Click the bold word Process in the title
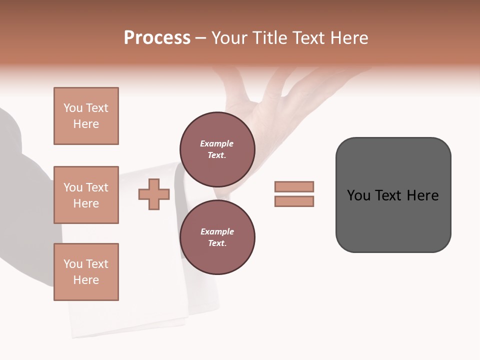click(157, 38)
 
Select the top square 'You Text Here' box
click(86, 116)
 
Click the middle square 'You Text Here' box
click(86, 195)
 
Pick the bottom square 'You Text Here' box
click(86, 272)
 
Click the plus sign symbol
click(154, 194)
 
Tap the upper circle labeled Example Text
click(217, 149)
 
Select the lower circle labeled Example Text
click(217, 237)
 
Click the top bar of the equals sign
click(294, 187)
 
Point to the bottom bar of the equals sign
click(294, 201)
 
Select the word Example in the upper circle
click(217, 143)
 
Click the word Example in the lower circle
click(217, 231)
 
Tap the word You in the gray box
click(358, 195)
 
